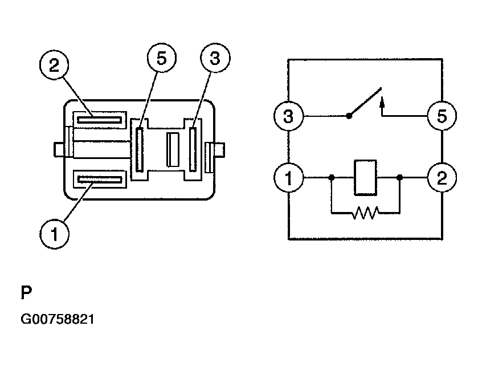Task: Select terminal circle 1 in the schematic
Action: coord(288,177)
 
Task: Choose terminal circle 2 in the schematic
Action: coord(443,177)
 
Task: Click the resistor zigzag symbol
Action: coord(365,214)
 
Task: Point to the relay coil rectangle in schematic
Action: coord(365,177)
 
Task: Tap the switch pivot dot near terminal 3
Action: coord(349,116)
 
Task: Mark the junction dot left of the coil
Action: coord(331,177)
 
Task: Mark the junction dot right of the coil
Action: coord(400,177)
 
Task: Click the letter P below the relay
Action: coord(26,293)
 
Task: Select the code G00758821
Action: coord(58,319)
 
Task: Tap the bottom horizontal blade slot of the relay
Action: coord(100,180)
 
